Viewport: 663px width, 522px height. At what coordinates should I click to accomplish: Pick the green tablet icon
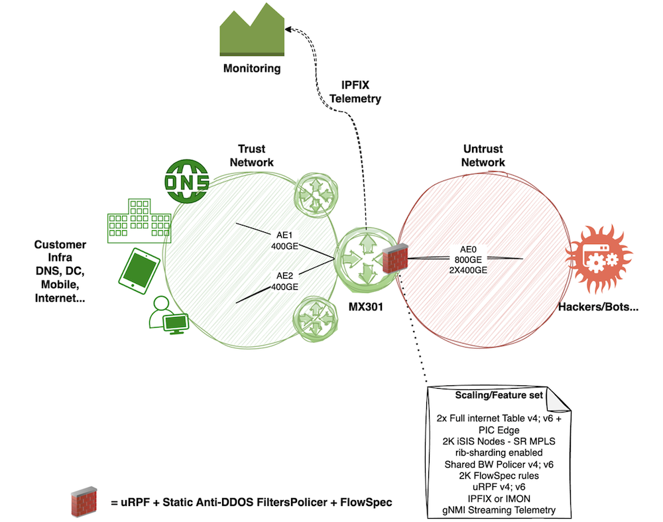pyautogui.click(x=139, y=270)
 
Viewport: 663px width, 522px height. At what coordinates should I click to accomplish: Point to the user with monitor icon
pyautogui.click(x=166, y=314)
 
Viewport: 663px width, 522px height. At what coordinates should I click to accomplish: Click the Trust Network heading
pyautogui.click(x=255, y=156)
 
